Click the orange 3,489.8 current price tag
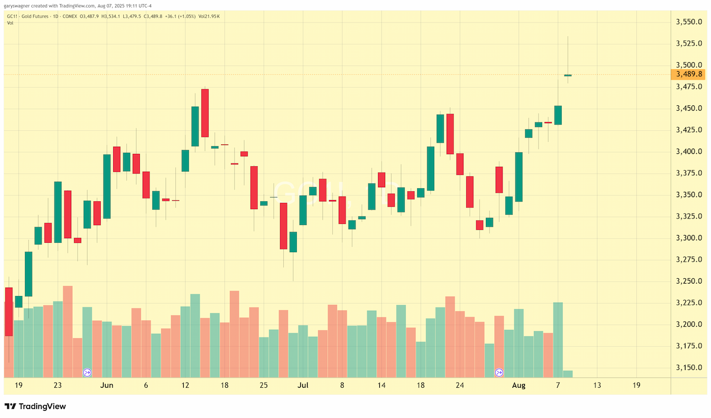coord(688,74)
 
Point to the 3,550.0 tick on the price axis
coord(688,22)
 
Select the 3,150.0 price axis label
coord(688,368)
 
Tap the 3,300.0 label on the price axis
coord(688,238)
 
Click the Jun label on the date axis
coord(107,385)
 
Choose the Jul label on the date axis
coord(303,385)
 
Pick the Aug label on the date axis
coord(518,385)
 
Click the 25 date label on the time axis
coord(264,385)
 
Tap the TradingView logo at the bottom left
coord(35,406)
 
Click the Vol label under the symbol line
coord(10,23)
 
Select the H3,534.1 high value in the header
coord(110,16)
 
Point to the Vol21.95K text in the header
coord(209,16)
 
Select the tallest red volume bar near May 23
coord(68,332)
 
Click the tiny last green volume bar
coord(568,374)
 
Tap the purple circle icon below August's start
coord(499,372)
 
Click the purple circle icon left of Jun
coord(87,372)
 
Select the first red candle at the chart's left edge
coord(9,312)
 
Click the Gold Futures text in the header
coord(35,16)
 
